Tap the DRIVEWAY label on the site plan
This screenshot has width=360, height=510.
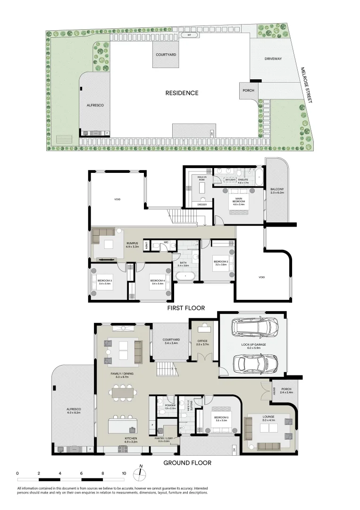click(x=273, y=59)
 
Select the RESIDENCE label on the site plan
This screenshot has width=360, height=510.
click(x=182, y=93)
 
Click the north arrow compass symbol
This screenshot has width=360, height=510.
click(x=141, y=473)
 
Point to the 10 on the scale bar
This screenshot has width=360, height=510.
click(x=124, y=472)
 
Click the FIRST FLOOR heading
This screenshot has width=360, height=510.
click(x=186, y=308)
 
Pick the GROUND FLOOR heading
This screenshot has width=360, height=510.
click(x=187, y=463)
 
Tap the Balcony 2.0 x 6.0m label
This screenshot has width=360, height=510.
click(x=277, y=191)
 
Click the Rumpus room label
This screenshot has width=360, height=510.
click(x=132, y=245)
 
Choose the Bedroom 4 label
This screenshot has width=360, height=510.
click(x=157, y=282)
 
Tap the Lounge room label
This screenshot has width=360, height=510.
click(x=268, y=418)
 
